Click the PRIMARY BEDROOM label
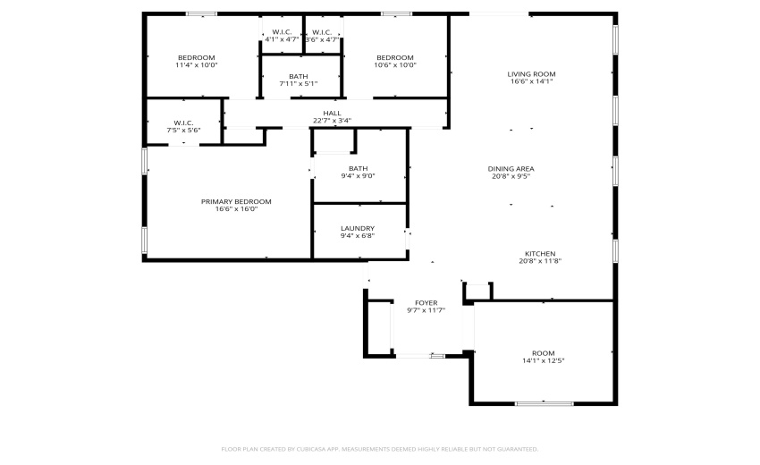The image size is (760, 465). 236,201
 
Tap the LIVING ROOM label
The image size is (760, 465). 532,74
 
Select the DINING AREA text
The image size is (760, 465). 511,168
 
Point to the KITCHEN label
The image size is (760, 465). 540,254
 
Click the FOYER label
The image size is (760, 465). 426,303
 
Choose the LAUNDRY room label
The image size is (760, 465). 358,228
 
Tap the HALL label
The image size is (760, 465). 332,113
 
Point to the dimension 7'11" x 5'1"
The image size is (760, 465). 299,84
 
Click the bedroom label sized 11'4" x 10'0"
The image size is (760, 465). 197,57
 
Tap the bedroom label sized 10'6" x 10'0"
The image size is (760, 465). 394,57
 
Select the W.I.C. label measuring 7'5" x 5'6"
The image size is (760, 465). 183,123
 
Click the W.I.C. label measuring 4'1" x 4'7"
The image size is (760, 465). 283,32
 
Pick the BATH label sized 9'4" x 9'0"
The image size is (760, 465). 358,168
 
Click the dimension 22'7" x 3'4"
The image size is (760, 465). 332,121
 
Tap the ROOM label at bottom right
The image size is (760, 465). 543,352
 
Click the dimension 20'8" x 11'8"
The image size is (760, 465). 540,262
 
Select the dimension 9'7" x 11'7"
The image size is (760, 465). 426,311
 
